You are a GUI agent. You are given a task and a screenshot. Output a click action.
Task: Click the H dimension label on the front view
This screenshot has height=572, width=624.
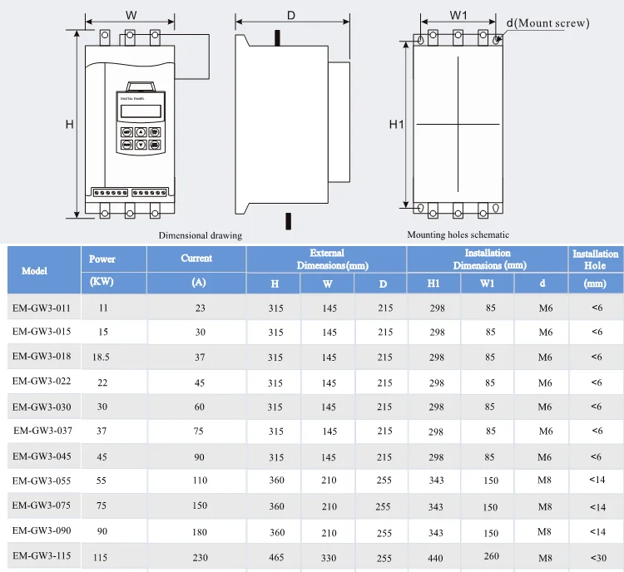coord(69,125)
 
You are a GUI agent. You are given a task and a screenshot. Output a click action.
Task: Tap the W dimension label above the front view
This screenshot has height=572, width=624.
coord(131,16)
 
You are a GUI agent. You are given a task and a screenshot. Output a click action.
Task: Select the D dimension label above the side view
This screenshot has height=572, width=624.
coord(291,16)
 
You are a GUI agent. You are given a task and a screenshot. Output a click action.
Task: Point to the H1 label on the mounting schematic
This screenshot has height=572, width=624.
coord(396,125)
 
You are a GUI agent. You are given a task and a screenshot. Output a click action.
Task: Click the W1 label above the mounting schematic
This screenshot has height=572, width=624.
coord(458,15)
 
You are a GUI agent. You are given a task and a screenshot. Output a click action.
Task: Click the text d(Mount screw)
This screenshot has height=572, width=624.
coord(547,23)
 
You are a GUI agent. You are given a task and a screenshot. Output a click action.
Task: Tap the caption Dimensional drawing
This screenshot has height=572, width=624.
coord(201,235)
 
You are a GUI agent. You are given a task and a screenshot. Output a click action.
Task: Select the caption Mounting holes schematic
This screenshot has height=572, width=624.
coord(458,234)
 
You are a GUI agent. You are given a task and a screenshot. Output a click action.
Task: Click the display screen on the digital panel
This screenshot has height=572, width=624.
coord(141,111)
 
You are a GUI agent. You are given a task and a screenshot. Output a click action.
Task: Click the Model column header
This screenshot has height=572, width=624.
coord(35,271)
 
